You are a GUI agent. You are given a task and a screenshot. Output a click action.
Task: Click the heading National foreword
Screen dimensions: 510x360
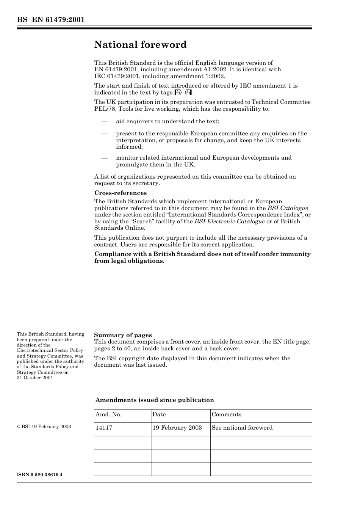tap(140, 45)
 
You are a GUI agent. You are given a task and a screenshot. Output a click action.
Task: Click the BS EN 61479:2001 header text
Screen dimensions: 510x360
tap(50, 20)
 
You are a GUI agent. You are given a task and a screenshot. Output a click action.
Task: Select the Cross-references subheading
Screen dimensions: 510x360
tap(120, 193)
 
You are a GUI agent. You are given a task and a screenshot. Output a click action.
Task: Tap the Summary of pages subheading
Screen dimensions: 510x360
tap(123, 335)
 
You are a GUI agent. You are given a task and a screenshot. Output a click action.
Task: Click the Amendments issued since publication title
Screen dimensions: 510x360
tap(155, 400)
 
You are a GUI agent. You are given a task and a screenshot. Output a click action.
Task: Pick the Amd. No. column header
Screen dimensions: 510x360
tap(108, 414)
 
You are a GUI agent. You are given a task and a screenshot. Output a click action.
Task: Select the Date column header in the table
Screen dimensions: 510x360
tap(159, 414)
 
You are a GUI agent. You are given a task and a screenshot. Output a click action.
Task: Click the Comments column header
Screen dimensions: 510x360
tap(226, 414)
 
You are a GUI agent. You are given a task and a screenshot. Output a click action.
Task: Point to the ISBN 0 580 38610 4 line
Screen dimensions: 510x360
tap(40, 475)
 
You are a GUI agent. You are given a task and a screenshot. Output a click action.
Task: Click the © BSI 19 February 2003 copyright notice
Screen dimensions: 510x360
tap(44, 427)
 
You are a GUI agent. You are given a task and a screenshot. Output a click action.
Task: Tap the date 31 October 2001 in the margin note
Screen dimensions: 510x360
tap(35, 378)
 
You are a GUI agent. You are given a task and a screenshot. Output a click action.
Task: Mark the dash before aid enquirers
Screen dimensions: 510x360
tap(104, 121)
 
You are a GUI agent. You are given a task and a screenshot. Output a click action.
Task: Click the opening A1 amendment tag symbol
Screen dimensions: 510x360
tap(178, 93)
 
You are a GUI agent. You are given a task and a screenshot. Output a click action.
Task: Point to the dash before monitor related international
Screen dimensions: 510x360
tap(104, 158)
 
